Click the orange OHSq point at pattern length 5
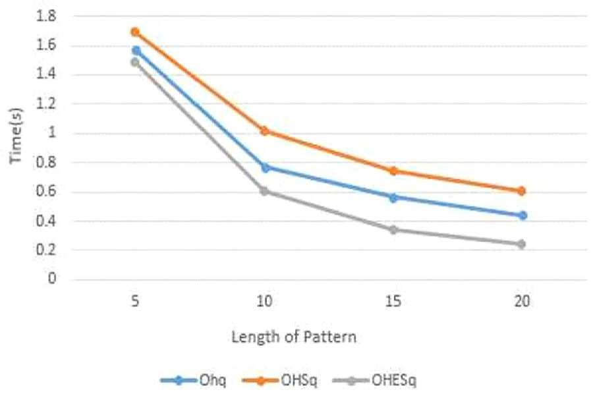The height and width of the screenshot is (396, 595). [135, 32]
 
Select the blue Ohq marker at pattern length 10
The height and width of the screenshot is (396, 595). [266, 167]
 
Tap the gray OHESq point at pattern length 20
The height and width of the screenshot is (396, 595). [521, 244]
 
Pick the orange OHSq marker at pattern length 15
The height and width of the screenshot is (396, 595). [393, 171]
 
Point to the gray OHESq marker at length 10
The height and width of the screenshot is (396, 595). [264, 191]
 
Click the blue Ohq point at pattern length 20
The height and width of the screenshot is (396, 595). [523, 215]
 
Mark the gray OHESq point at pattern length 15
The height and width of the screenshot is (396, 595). [393, 230]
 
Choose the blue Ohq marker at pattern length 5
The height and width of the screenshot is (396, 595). [136, 51]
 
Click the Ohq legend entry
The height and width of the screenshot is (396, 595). [194, 380]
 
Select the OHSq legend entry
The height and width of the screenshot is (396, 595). [279, 380]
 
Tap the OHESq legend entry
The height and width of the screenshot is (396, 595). [374, 380]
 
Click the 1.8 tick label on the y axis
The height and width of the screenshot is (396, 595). [46, 16]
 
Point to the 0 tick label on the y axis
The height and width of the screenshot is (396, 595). [51, 279]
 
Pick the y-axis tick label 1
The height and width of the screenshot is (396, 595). [52, 132]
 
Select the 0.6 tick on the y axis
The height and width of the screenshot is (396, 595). [46, 191]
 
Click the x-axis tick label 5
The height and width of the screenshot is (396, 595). [135, 302]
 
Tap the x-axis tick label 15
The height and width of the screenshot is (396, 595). [393, 302]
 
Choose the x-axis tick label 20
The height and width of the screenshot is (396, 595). [522, 302]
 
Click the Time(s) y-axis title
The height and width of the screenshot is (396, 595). [16, 136]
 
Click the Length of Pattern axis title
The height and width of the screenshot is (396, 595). [294, 337]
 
